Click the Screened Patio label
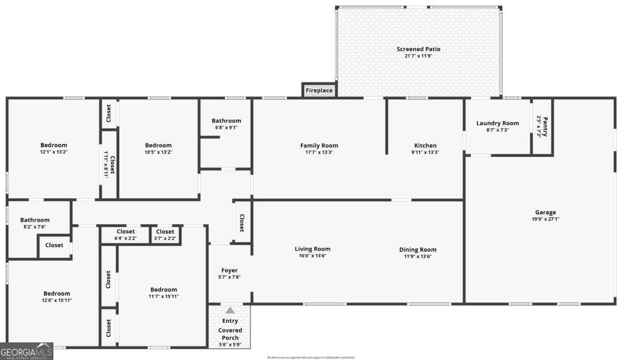pyautogui.click(x=418, y=49)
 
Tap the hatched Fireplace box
pyautogui.click(x=319, y=90)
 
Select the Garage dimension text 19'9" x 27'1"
pyautogui.click(x=545, y=219)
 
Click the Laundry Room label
pyautogui.click(x=497, y=123)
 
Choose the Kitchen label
pyautogui.click(x=425, y=146)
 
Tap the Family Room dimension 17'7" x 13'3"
pyautogui.click(x=319, y=153)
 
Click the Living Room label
pyautogui.click(x=312, y=249)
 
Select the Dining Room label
pyautogui.click(x=417, y=250)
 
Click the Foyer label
pyautogui.click(x=229, y=270)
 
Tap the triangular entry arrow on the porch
pyautogui.click(x=230, y=310)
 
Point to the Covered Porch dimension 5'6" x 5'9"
pyautogui.click(x=230, y=344)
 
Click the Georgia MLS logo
pyautogui.click(x=26, y=351)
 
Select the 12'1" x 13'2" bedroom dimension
pyautogui.click(x=54, y=153)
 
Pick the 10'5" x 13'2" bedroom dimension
pyautogui.click(x=158, y=153)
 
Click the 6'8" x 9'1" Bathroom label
pyautogui.click(x=226, y=121)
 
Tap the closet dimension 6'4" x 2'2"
pyautogui.click(x=125, y=239)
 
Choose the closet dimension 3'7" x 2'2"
pyautogui.click(x=165, y=239)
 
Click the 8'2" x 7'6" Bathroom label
pyautogui.click(x=35, y=220)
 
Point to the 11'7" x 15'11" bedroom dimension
pyautogui.click(x=163, y=297)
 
